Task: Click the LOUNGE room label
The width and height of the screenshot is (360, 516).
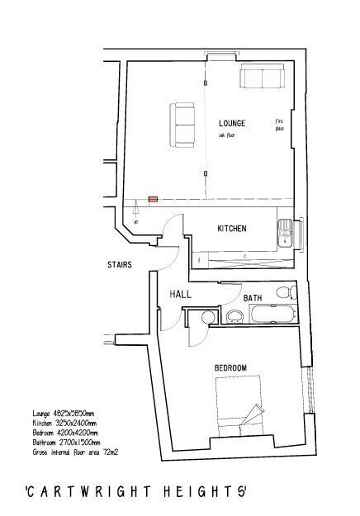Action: point(233,123)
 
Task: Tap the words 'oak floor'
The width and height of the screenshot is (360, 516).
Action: point(228,135)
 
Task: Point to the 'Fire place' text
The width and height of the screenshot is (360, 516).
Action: point(278,125)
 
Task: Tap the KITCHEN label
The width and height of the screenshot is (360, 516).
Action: point(232,229)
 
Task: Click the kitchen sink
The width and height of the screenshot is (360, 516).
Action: point(285,234)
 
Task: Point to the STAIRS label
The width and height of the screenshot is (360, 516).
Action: point(120,265)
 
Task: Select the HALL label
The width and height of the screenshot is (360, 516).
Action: point(181,294)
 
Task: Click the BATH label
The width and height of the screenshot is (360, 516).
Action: point(253,297)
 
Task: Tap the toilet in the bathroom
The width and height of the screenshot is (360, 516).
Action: point(283,292)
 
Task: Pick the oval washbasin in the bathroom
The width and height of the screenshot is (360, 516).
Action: point(233,315)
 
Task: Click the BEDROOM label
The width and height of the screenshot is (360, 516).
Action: point(231,367)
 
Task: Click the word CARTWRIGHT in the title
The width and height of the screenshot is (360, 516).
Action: point(88,491)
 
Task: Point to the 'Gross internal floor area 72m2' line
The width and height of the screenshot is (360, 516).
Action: point(76,450)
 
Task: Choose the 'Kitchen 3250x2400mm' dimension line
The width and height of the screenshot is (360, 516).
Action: point(64,423)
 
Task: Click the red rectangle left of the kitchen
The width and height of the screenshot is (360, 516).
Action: point(153,199)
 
